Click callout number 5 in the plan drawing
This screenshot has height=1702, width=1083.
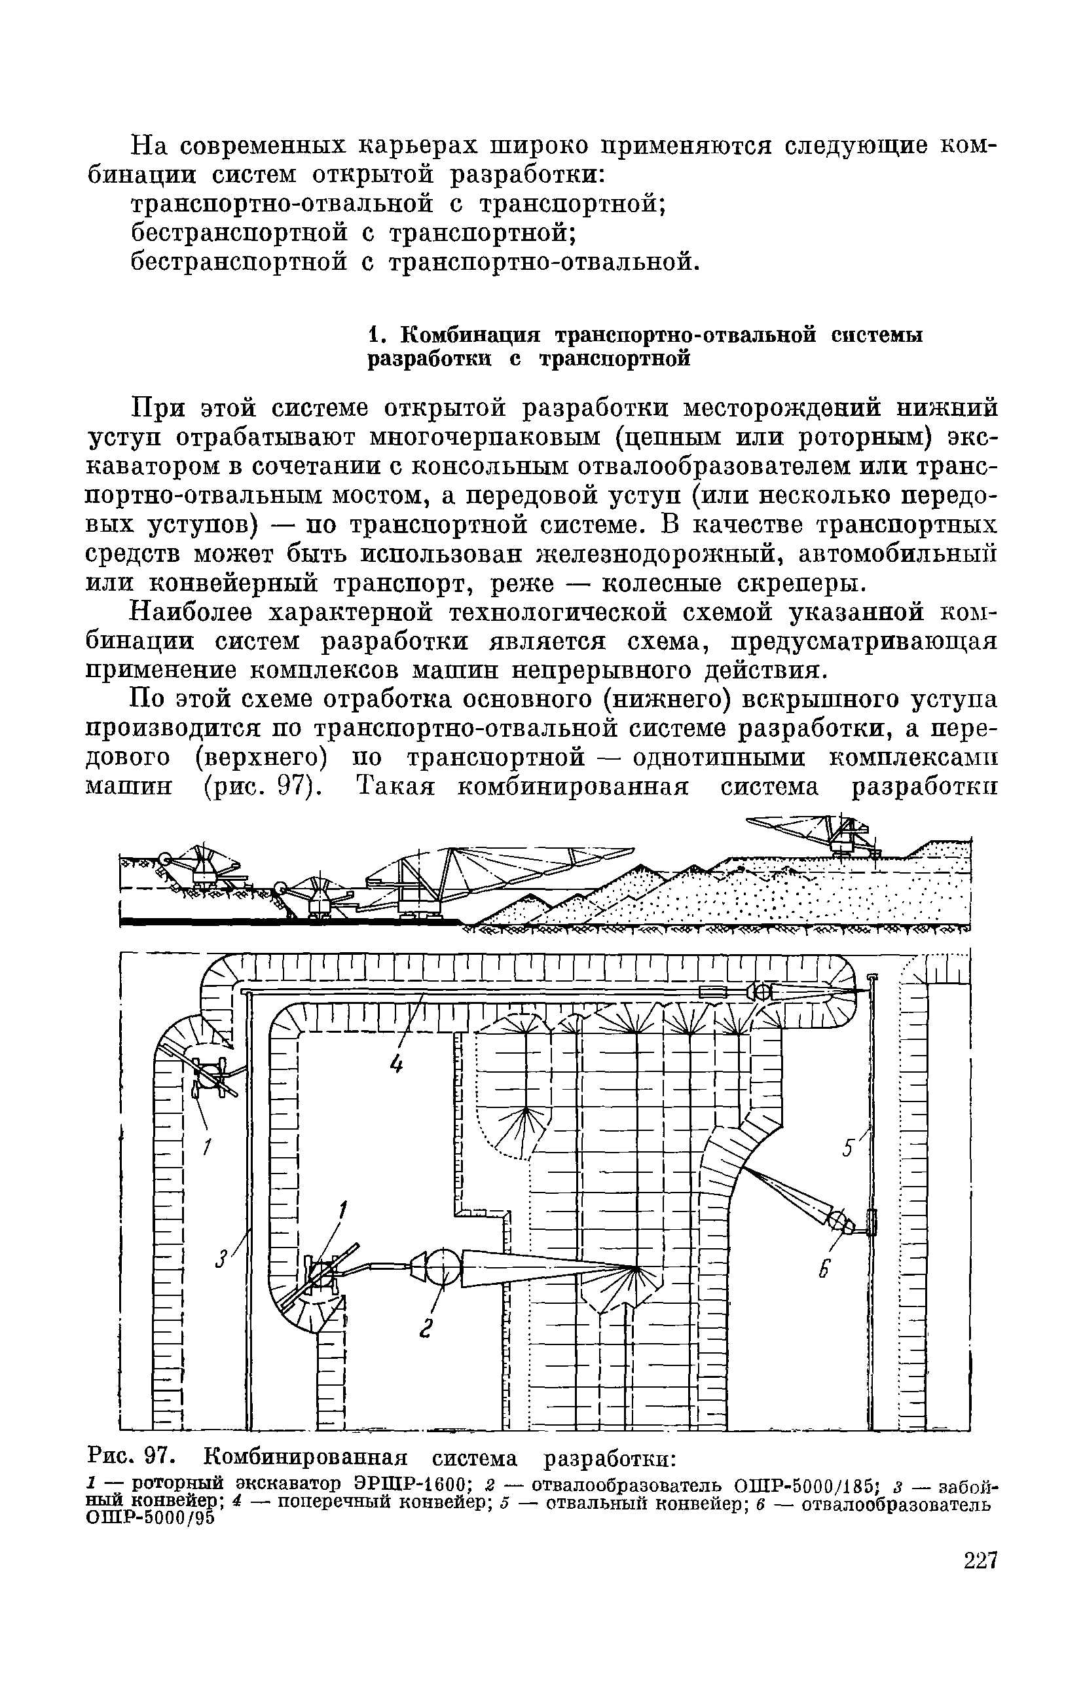click(847, 1149)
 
